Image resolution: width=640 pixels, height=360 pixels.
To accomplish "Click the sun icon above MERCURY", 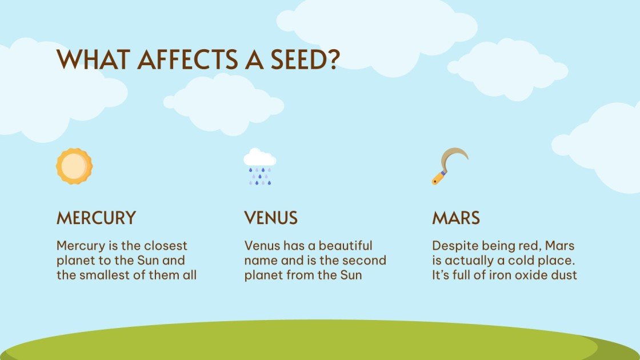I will tap(74, 166).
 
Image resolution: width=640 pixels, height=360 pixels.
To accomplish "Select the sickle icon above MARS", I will tap(449, 166).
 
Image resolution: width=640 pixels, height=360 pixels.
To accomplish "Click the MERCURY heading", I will tap(96, 218).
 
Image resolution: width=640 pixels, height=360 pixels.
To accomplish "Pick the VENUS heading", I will tap(271, 218).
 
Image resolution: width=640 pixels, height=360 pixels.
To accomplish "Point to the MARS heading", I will tap(455, 218).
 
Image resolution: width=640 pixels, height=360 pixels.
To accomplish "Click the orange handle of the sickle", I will tap(438, 178).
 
